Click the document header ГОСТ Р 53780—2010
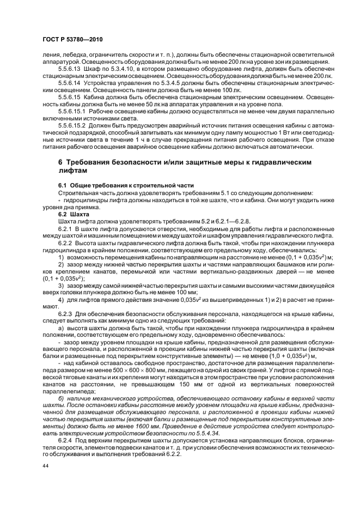point(72,40)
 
